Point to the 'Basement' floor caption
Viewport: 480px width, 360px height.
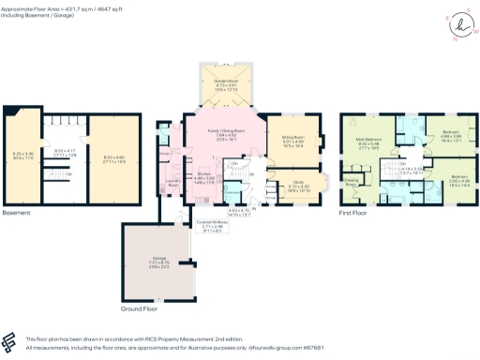pyautogui.click(x=17, y=214)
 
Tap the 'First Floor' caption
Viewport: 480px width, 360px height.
pyautogui.click(x=352, y=214)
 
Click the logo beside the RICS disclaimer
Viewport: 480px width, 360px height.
pyautogui.click(x=12, y=341)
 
